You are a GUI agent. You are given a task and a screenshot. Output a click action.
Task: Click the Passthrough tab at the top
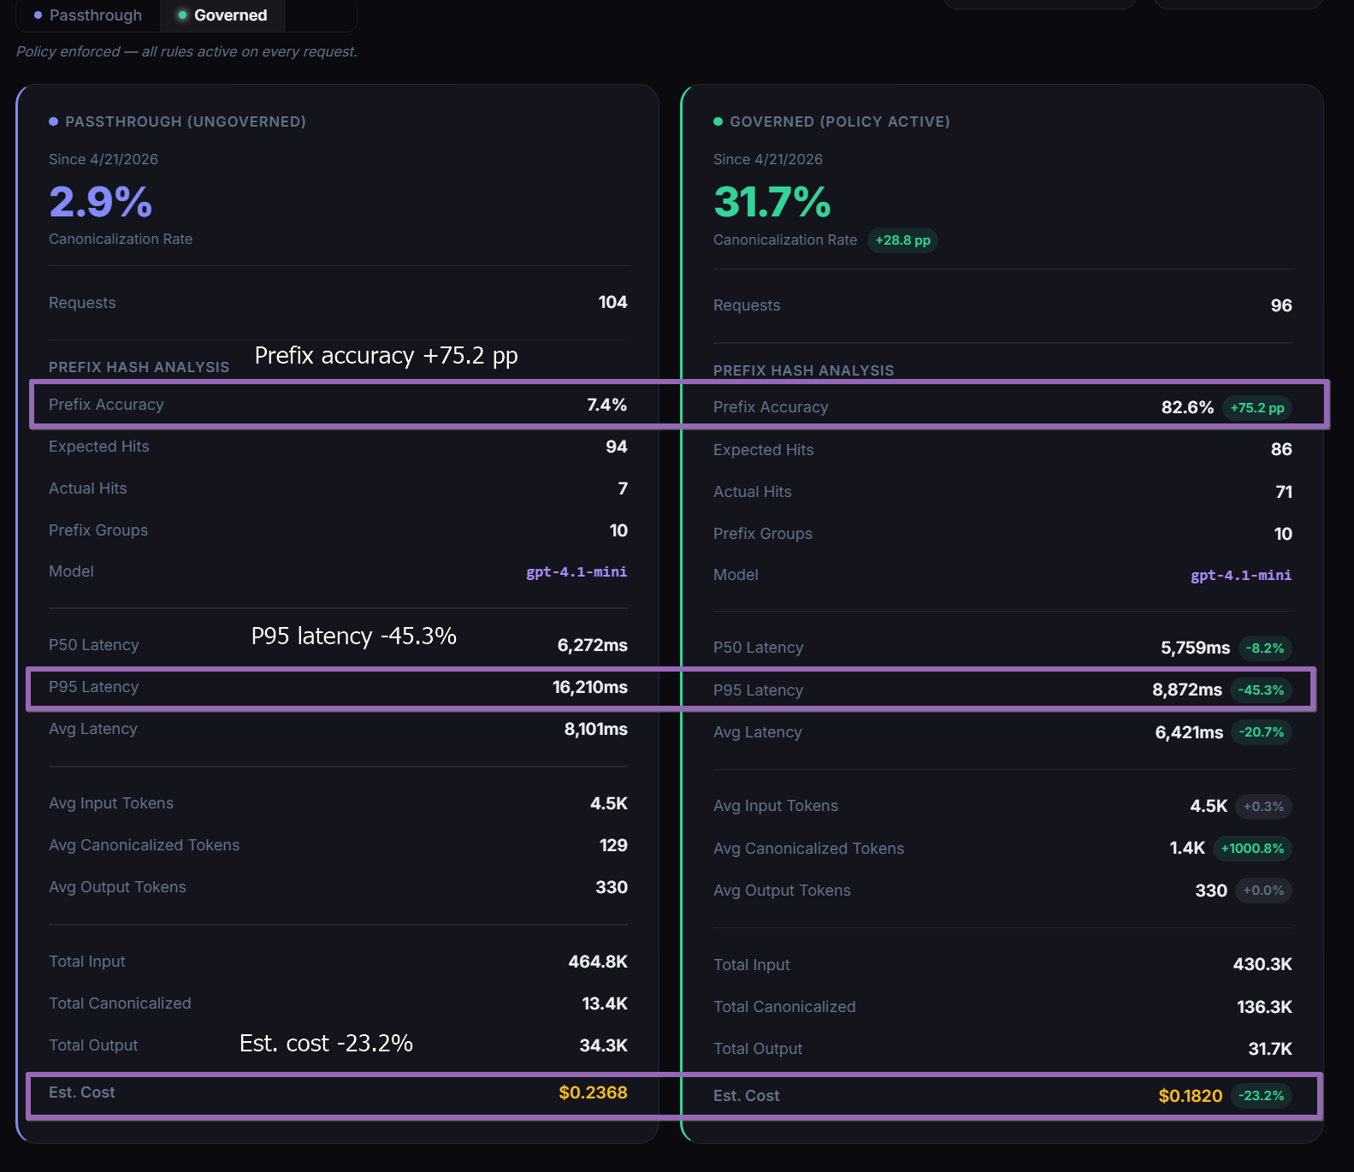pyautogui.click(x=88, y=15)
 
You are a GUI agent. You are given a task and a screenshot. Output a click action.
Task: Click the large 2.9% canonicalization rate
pyautogui.click(x=101, y=202)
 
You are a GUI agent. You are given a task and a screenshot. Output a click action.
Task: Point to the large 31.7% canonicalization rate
pyautogui.click(x=772, y=203)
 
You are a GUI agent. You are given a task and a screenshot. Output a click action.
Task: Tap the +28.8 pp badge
pyautogui.click(x=902, y=240)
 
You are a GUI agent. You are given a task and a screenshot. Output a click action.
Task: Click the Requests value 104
pyautogui.click(x=612, y=302)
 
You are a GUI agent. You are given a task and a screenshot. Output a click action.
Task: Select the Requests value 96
pyautogui.click(x=1280, y=305)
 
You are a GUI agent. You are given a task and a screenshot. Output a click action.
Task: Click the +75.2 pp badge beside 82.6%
pyautogui.click(x=1256, y=408)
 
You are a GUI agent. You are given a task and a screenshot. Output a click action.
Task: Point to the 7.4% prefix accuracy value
pyautogui.click(x=606, y=405)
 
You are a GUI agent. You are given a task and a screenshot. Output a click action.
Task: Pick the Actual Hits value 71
pyautogui.click(x=1283, y=492)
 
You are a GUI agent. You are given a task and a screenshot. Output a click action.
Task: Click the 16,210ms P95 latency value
pyautogui.click(x=589, y=687)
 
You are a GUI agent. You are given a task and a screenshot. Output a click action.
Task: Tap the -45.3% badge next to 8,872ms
pyautogui.click(x=1260, y=690)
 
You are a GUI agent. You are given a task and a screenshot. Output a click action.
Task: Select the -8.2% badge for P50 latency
pyautogui.click(x=1263, y=648)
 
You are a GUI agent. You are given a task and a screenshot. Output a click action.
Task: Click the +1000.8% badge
pyautogui.click(x=1251, y=849)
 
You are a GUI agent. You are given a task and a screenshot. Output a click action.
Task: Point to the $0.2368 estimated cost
pyautogui.click(x=593, y=1092)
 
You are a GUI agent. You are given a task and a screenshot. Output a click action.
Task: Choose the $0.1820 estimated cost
pyautogui.click(x=1190, y=1096)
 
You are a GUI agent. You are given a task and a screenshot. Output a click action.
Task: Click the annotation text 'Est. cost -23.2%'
pyautogui.click(x=326, y=1044)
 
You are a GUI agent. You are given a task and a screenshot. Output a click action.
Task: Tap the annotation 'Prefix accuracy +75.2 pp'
pyautogui.click(x=386, y=356)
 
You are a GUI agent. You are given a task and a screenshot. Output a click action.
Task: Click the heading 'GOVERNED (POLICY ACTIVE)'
pyautogui.click(x=839, y=121)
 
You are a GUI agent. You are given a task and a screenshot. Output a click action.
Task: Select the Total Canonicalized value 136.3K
pyautogui.click(x=1263, y=1007)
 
